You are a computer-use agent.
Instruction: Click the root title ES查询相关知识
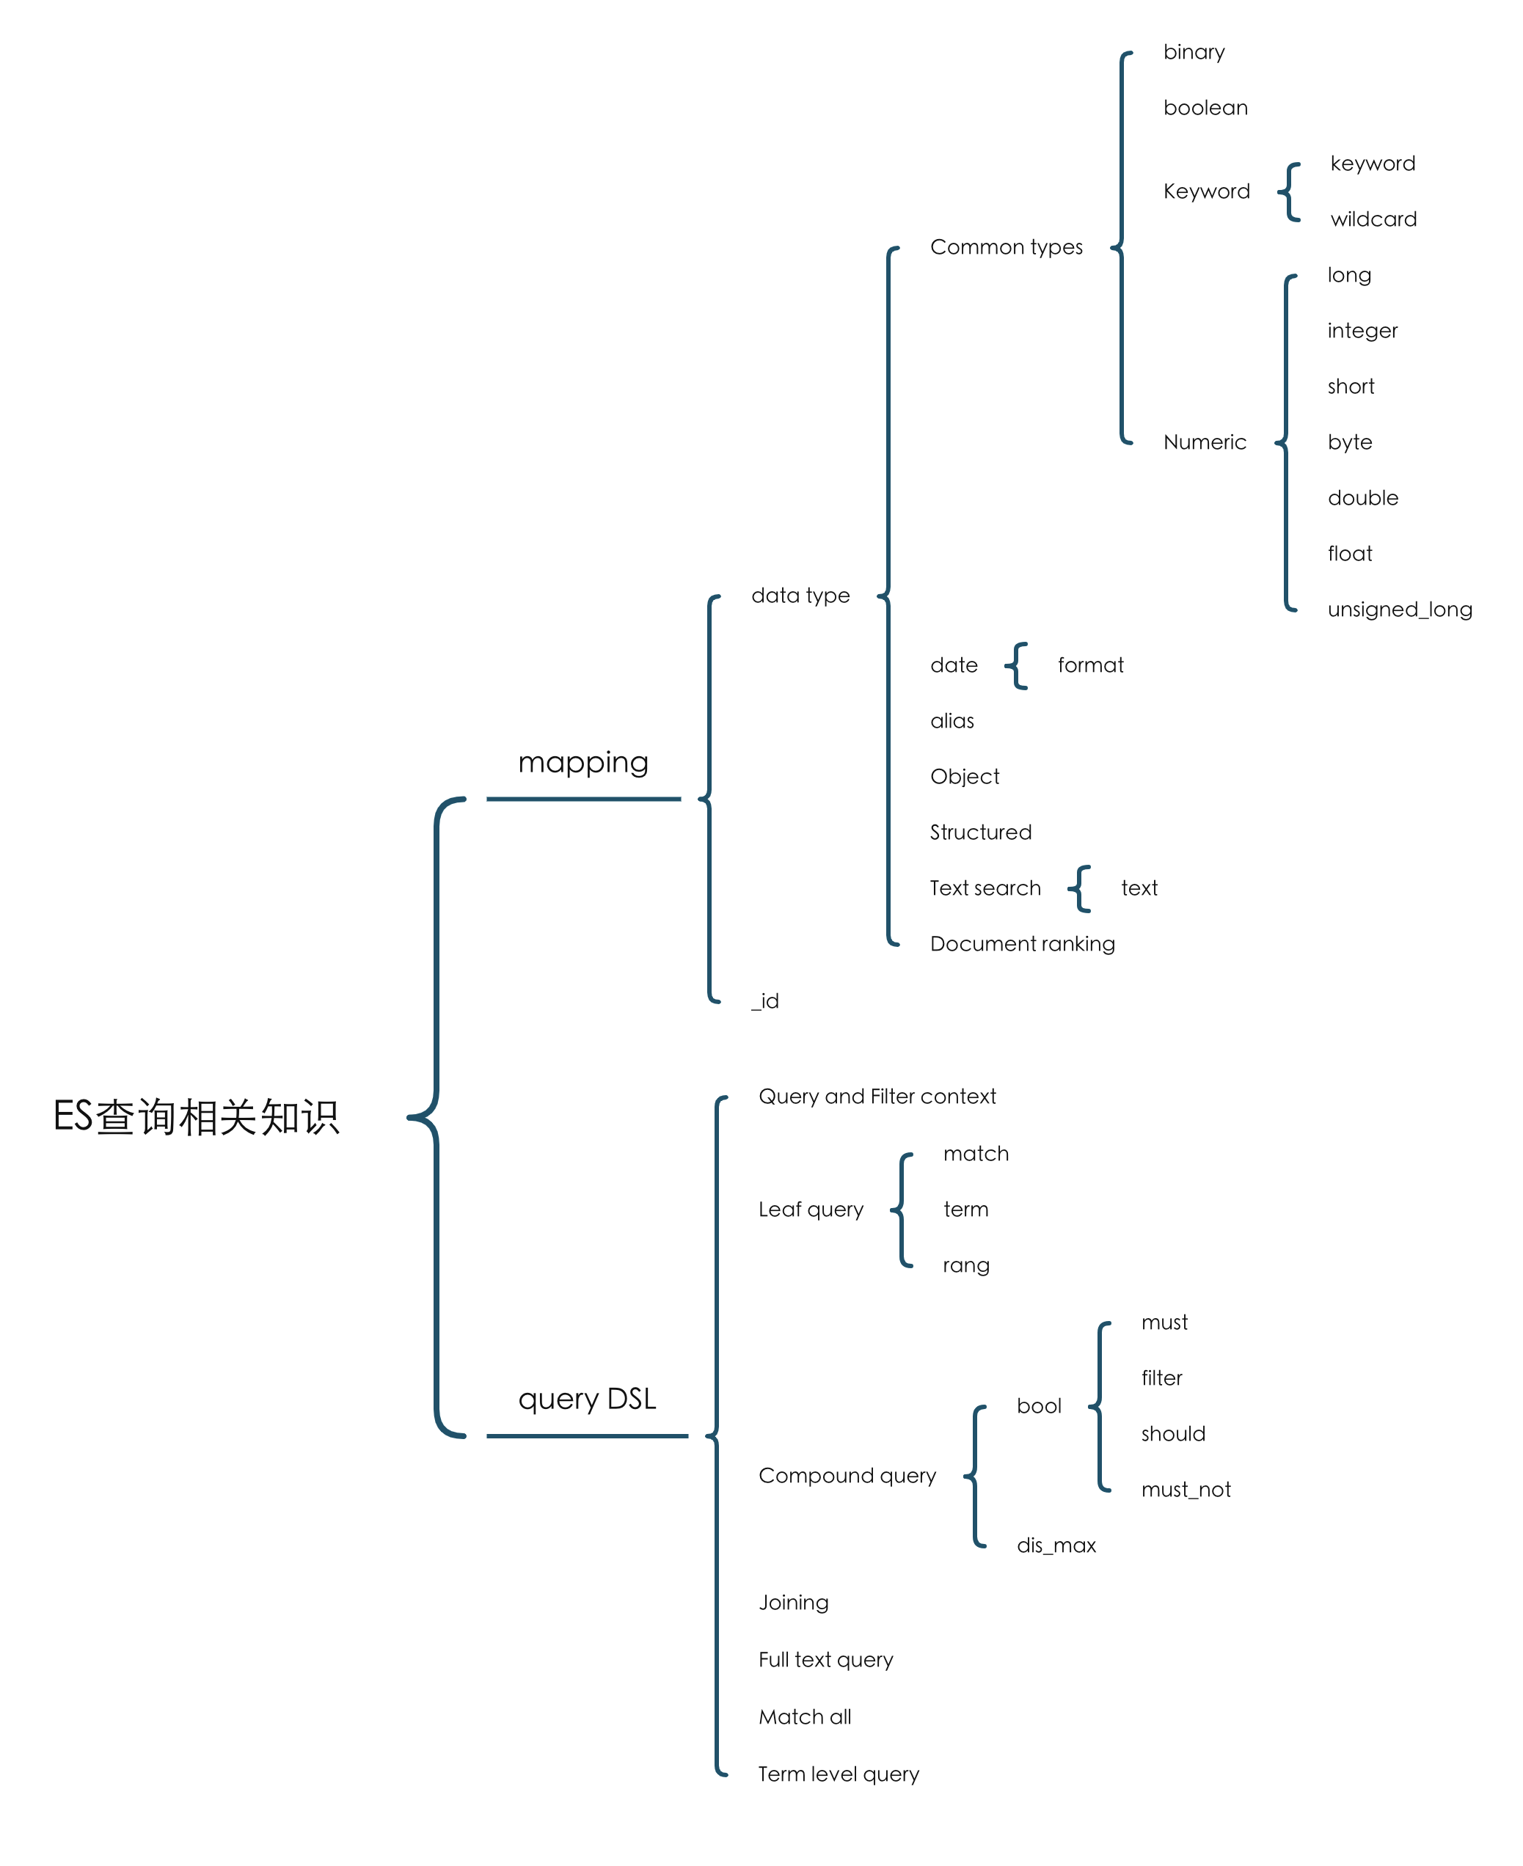coord(197,1117)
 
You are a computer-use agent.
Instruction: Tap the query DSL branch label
coord(587,1399)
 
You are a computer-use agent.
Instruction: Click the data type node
coord(801,596)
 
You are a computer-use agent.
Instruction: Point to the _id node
coord(765,1001)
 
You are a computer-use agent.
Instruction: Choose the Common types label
coord(1007,247)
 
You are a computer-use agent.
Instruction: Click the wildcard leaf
coord(1373,219)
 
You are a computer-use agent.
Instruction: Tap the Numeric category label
coord(1205,442)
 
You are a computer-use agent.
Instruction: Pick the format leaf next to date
coord(1090,665)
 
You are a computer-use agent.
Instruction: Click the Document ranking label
coord(1022,944)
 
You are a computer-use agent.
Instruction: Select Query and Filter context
coord(877,1097)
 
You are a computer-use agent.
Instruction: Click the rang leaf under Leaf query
coord(966,1265)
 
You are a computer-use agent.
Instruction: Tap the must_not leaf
coord(1186,1490)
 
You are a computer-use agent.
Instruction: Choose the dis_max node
coord(1056,1545)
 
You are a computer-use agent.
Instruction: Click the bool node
coord(1039,1406)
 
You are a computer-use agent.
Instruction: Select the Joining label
coord(793,1603)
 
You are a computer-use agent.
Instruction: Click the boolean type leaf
coord(1205,108)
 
